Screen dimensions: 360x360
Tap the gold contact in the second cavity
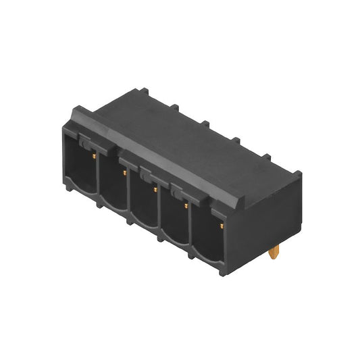(124, 173)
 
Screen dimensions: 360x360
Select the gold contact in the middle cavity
(155, 190)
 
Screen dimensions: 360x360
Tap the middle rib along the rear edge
(204, 123)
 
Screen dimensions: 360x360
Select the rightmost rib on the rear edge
(265, 157)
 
